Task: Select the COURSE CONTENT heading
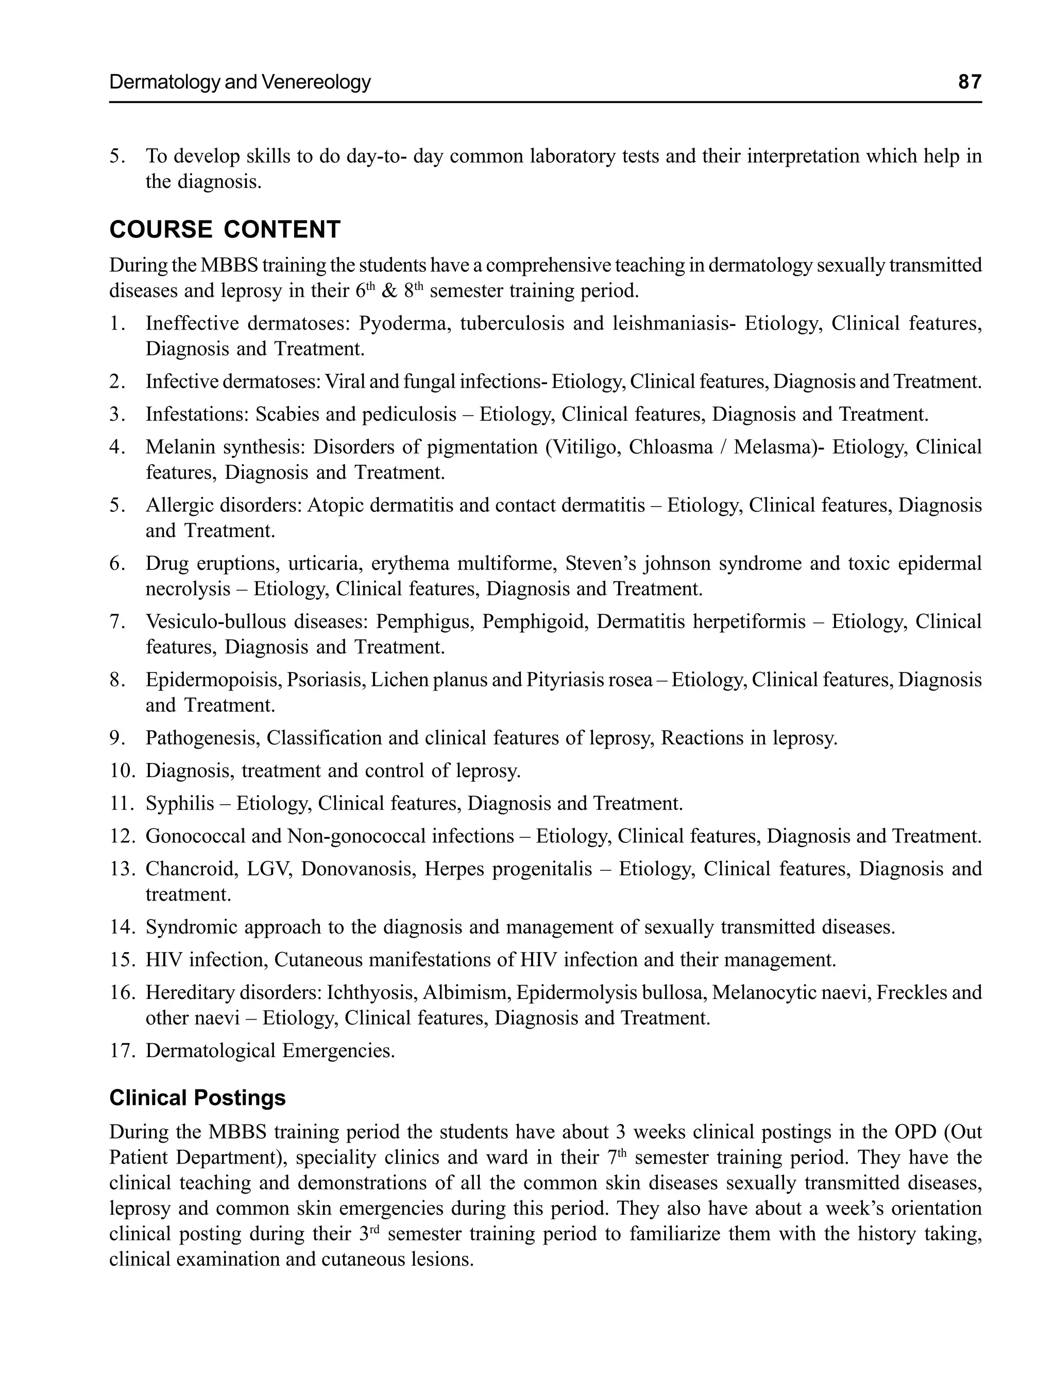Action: [225, 230]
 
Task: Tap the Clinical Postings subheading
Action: [197, 1098]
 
